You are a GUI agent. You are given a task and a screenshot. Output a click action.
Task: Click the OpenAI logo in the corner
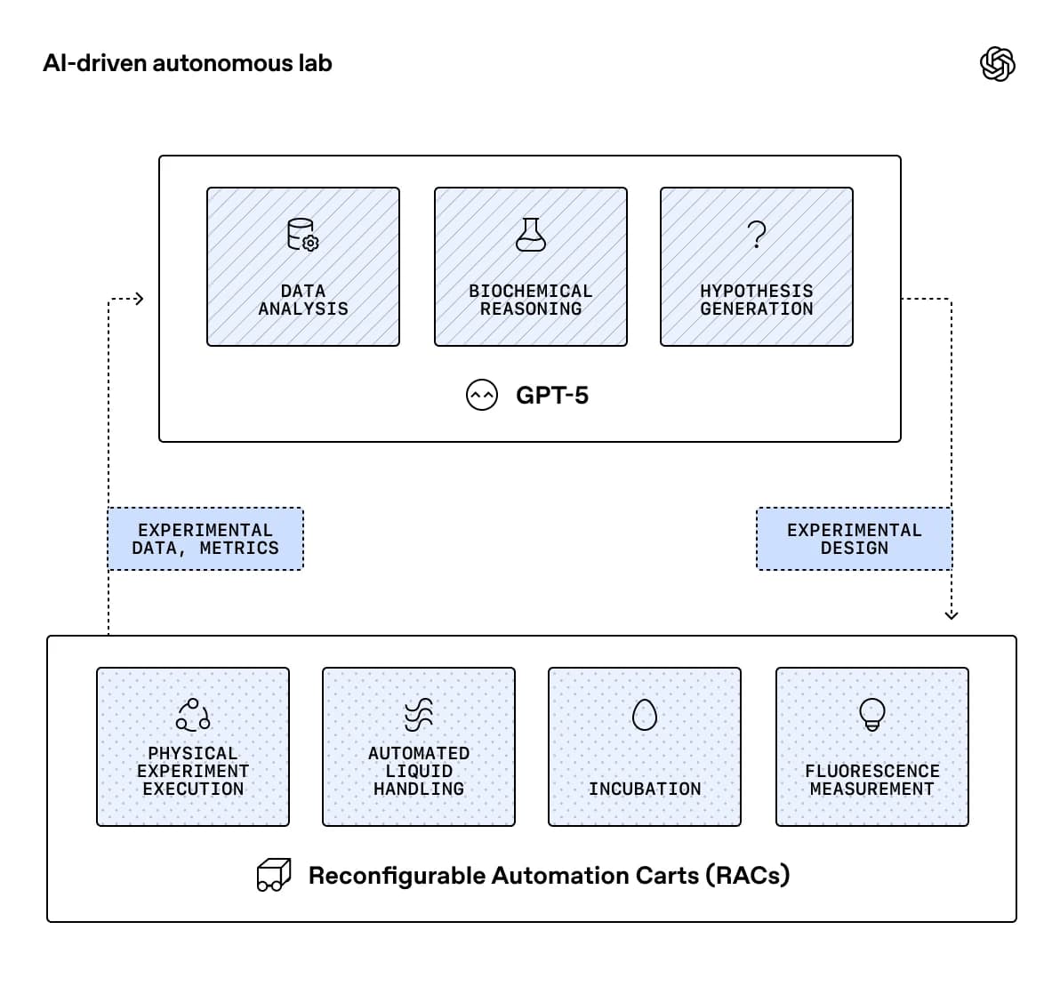pyautogui.click(x=997, y=64)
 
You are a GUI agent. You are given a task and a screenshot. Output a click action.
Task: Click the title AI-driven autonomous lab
pyautogui.click(x=188, y=63)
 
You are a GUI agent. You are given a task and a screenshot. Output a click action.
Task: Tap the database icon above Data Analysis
pyautogui.click(x=302, y=236)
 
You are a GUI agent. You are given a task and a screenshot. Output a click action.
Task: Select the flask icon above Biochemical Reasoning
pyautogui.click(x=531, y=235)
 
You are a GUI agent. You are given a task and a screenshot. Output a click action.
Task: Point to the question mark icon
pyautogui.click(x=756, y=235)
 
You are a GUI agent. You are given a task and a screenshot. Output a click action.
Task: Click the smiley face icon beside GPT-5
pyautogui.click(x=482, y=395)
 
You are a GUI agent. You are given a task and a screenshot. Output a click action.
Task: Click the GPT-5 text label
pyautogui.click(x=552, y=395)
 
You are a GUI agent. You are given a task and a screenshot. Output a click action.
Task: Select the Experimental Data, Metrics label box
pyautogui.click(x=205, y=539)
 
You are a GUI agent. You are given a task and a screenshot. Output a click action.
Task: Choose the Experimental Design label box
pyautogui.click(x=854, y=539)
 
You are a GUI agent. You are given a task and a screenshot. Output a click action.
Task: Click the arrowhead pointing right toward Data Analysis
pyautogui.click(x=138, y=300)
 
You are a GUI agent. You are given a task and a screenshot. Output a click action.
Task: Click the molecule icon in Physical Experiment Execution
pyautogui.click(x=193, y=714)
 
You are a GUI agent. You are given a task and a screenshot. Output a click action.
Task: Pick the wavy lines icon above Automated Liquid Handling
pyautogui.click(x=419, y=714)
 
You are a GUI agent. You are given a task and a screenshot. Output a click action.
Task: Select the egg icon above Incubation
pyautogui.click(x=645, y=714)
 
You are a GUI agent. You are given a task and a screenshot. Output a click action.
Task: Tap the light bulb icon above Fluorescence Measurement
pyautogui.click(x=872, y=713)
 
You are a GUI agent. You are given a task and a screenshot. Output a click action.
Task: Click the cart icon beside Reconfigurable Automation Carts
pyautogui.click(x=274, y=875)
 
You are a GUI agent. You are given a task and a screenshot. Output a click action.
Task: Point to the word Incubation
pyautogui.click(x=645, y=789)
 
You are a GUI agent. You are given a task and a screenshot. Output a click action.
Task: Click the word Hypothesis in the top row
pyautogui.click(x=756, y=291)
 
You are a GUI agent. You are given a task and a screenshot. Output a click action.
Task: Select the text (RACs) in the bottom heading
pyautogui.click(x=748, y=875)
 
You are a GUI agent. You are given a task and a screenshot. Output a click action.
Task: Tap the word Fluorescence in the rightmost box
pyautogui.click(x=872, y=771)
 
